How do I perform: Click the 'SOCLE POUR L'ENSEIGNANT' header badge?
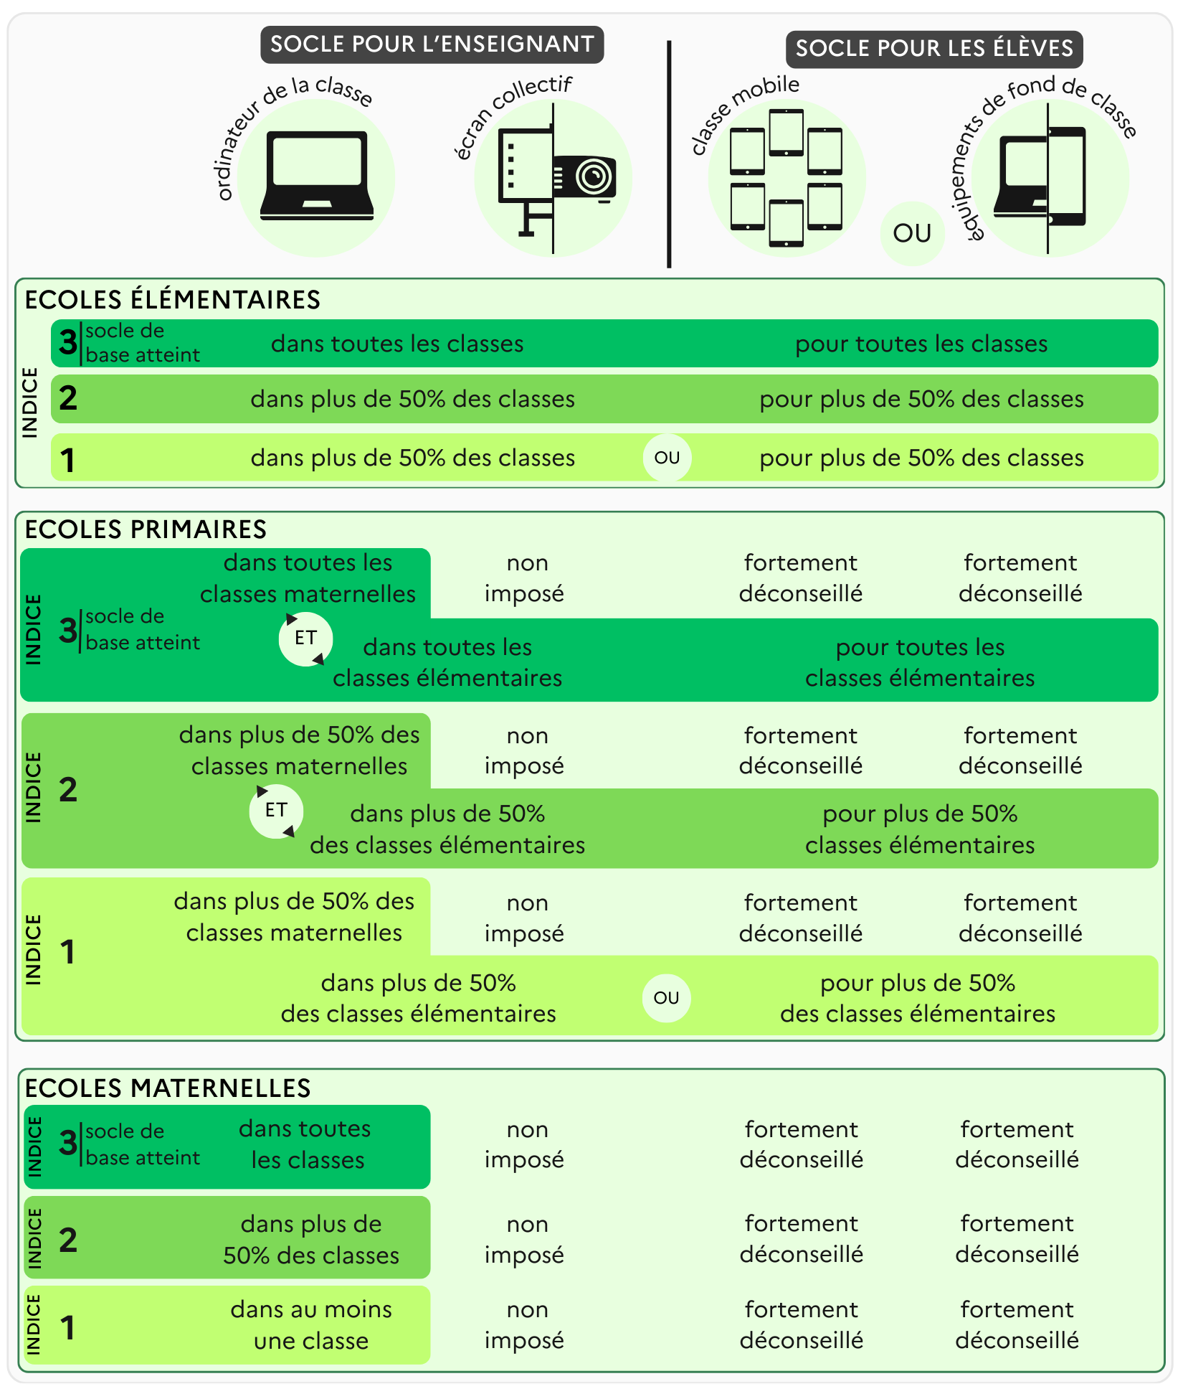(432, 44)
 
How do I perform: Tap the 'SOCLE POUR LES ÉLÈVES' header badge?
(934, 49)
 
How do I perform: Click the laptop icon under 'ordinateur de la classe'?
(317, 176)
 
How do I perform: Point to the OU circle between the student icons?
(912, 233)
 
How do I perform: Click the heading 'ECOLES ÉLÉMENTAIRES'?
(172, 300)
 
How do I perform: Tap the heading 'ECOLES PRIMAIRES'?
(146, 529)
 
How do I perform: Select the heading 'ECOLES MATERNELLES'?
(168, 1088)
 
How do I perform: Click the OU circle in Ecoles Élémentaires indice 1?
(667, 458)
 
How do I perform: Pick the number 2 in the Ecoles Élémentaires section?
(68, 398)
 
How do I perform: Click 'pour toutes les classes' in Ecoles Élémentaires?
(921, 344)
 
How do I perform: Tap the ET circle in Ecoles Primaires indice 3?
(305, 638)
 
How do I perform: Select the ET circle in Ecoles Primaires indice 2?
(276, 811)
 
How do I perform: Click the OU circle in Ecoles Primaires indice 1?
(666, 998)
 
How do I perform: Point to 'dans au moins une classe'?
(311, 1325)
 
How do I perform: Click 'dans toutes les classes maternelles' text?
(308, 578)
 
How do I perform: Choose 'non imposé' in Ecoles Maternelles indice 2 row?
(524, 1239)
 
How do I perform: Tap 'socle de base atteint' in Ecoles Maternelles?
(142, 1145)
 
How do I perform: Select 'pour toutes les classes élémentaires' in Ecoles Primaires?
(920, 662)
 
